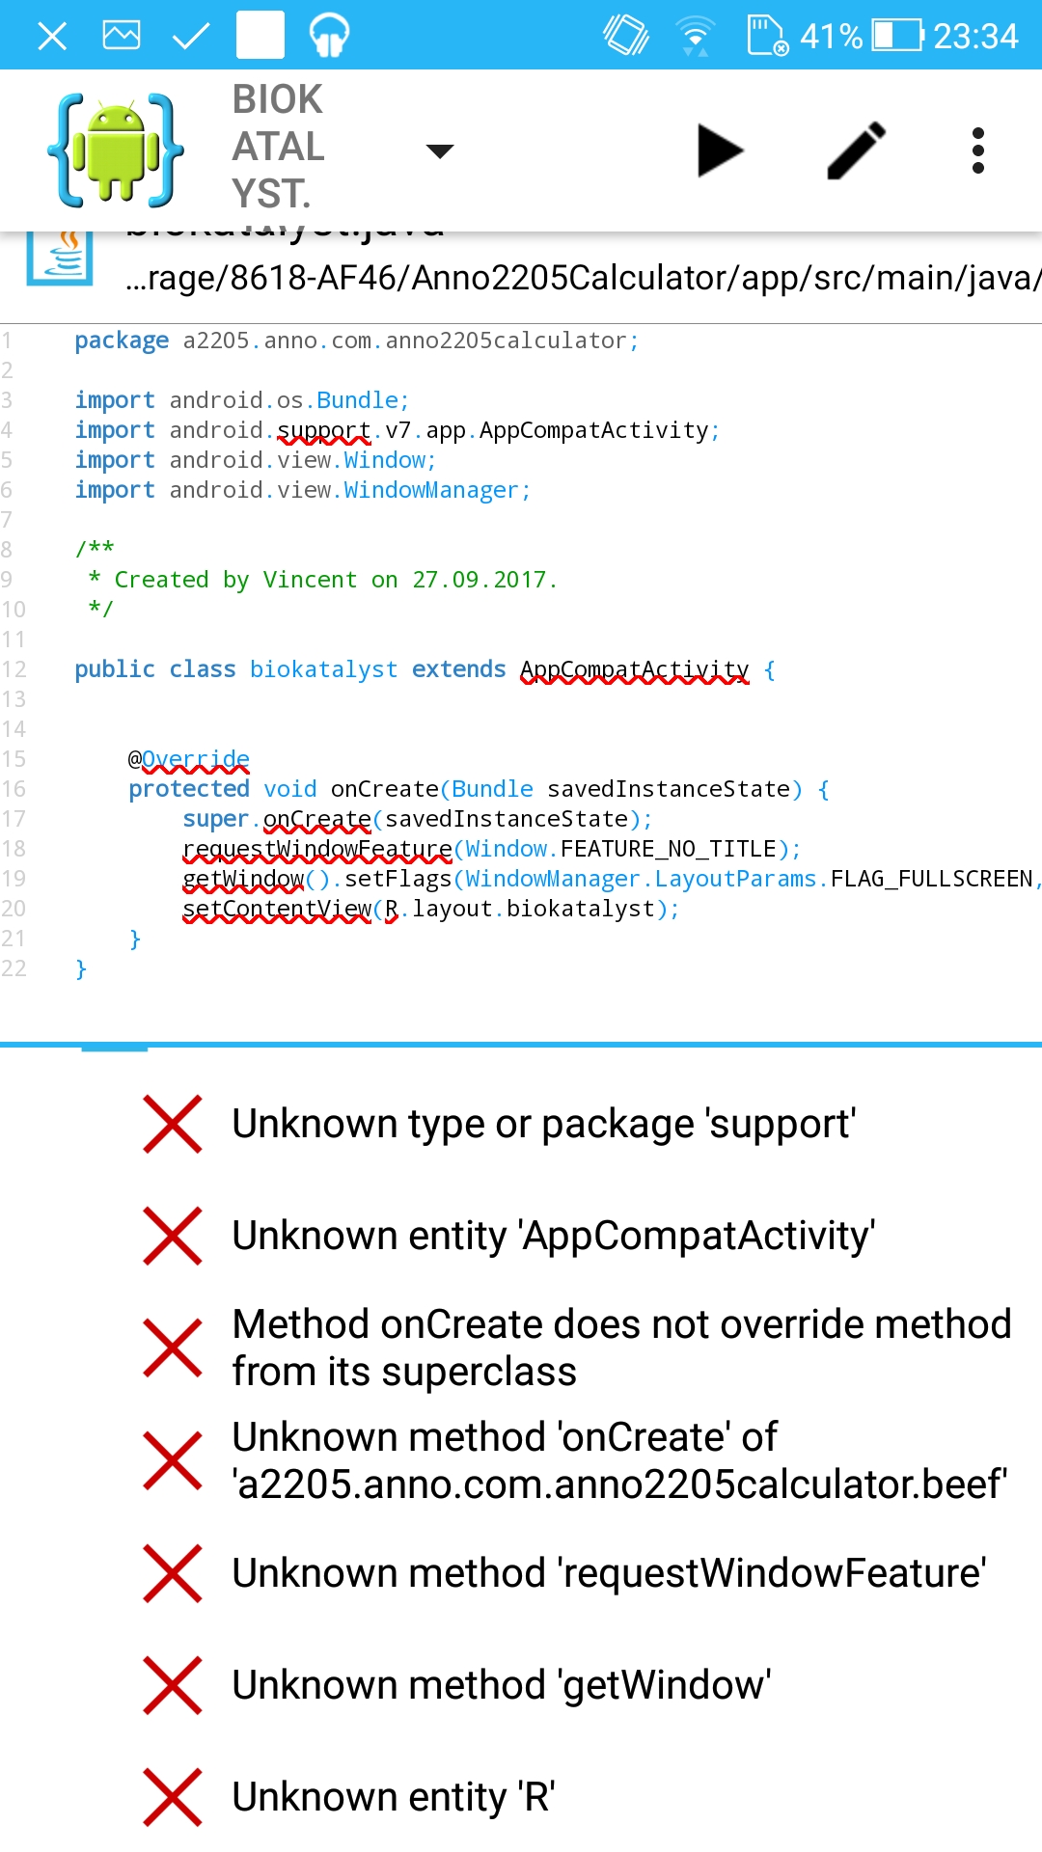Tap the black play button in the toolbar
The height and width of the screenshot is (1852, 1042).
tap(719, 150)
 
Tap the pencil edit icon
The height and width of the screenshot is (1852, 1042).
tap(856, 150)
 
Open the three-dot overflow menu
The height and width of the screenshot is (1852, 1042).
tap(977, 150)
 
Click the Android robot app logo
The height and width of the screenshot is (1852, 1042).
tap(116, 150)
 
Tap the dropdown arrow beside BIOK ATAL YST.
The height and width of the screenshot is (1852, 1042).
tap(440, 150)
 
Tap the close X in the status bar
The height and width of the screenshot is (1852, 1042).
tap(52, 37)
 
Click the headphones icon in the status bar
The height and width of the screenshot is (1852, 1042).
tap(329, 36)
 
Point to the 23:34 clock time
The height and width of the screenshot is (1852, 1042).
tap(975, 37)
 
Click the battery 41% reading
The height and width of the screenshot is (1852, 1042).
tap(831, 37)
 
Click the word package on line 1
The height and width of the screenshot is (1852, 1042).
tap(122, 340)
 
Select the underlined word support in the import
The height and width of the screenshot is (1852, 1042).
tap(324, 430)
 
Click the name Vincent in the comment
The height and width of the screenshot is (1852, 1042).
tap(310, 580)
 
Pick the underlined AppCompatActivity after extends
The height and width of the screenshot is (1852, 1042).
tap(634, 669)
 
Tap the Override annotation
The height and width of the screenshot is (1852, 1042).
tap(195, 759)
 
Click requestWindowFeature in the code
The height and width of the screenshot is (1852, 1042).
tap(317, 849)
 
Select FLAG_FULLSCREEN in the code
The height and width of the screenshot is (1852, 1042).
tap(931, 879)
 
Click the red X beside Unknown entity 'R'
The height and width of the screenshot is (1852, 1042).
tap(173, 1797)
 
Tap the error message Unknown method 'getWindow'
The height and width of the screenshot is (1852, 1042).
tap(502, 1685)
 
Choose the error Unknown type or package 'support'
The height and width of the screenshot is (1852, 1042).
tap(544, 1124)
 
